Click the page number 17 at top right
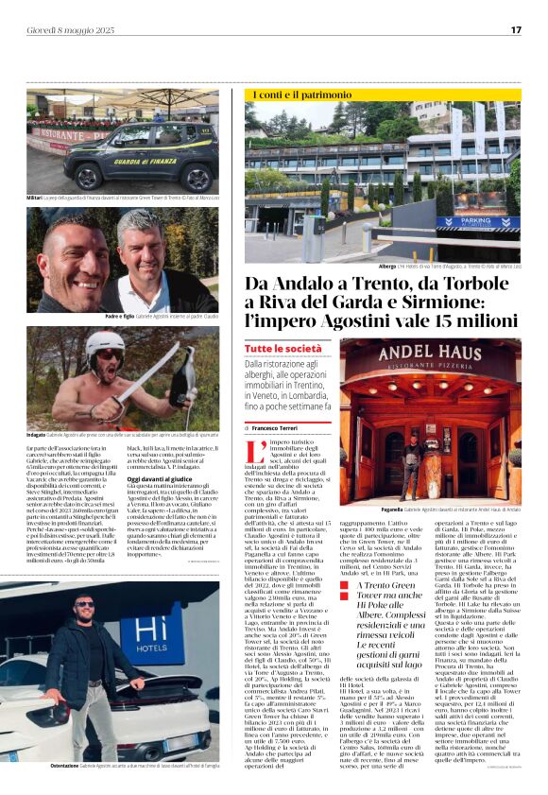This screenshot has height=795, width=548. coord(516,30)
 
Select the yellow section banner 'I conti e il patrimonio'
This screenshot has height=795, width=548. coord(302,95)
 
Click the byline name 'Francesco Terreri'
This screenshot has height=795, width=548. coord(291,427)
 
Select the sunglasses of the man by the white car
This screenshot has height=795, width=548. coord(86,604)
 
